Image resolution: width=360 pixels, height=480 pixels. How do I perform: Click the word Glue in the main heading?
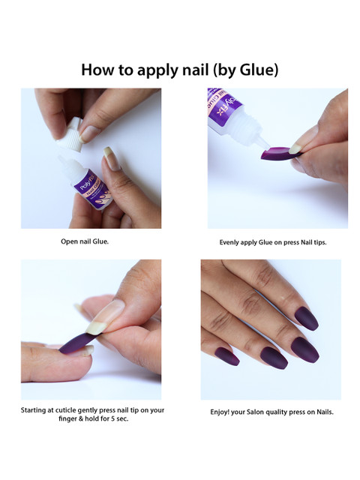click(256, 70)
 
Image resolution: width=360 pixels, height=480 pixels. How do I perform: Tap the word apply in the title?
click(158, 70)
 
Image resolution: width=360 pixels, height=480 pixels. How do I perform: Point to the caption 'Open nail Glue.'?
click(85, 241)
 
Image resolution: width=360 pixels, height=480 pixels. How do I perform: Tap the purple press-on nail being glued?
click(280, 153)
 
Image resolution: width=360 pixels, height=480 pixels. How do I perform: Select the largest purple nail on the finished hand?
click(305, 349)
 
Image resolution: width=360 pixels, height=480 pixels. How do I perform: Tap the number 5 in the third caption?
click(112, 418)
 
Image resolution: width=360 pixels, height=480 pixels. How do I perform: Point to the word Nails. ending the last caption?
click(325, 412)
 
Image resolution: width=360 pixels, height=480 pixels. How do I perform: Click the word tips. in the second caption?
click(320, 242)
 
